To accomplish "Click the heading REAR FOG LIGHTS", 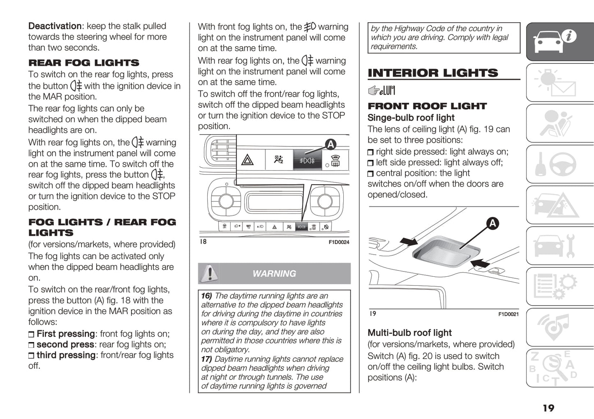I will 83,63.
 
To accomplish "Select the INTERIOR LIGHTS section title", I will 432,73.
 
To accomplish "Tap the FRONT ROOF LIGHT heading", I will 427,106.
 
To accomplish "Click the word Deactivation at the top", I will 55,26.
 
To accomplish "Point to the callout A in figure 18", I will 331,144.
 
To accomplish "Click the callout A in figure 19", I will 492,223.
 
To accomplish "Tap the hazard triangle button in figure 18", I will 247,160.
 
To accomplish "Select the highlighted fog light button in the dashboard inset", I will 307,160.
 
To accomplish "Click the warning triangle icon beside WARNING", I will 210,273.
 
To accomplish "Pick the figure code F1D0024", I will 339,242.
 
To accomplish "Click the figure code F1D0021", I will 508,314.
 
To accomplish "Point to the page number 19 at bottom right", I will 548,408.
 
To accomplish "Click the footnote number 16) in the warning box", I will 206,296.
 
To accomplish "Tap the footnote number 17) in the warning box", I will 206,359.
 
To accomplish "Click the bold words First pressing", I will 65,333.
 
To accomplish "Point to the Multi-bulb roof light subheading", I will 409,333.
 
